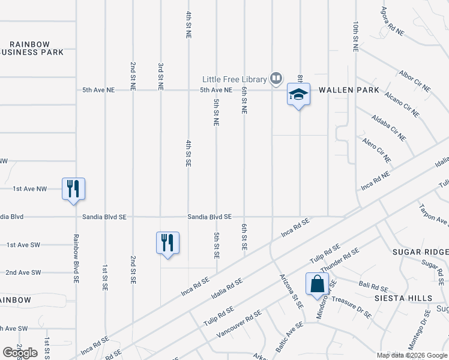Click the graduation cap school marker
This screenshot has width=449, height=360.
pos(298,95)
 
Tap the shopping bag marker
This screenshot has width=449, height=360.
pos(316,285)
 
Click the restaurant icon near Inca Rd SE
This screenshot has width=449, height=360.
pos(167,243)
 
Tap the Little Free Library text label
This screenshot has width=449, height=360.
pos(234,79)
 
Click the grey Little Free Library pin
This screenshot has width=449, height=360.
pos(276,77)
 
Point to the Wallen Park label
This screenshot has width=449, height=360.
pos(349,90)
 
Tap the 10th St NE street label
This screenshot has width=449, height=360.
pos(356,37)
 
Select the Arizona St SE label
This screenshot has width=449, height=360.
pos(291,291)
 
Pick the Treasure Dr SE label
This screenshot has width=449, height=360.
pos(351,307)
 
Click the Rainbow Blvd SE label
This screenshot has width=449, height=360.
pos(76,257)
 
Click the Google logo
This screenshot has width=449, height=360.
pos(20,353)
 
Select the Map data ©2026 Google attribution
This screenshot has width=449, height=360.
pos(412,355)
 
